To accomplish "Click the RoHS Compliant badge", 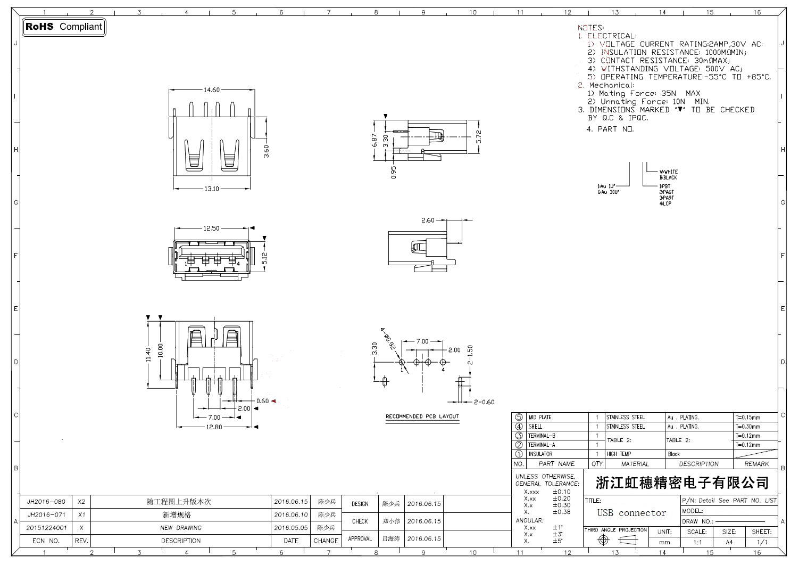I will click(64, 27).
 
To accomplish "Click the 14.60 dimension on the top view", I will click(212, 90).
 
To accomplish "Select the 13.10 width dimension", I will click(212, 189).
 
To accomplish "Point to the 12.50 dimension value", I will click(211, 228).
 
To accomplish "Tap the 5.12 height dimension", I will click(264, 258).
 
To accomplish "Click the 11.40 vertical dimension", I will click(148, 354).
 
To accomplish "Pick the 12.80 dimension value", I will click(214, 427).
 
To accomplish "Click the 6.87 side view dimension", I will click(376, 141).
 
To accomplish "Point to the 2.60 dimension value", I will click(428, 220).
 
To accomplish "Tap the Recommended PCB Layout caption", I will click(422, 416).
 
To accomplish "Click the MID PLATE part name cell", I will click(539, 418).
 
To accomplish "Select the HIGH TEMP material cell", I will click(619, 454).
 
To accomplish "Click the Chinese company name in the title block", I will click(682, 483).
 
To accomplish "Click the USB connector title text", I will click(631, 513).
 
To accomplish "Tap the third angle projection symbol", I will click(616, 540).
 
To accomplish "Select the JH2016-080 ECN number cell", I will click(46, 502).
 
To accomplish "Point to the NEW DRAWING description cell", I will click(181, 528).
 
